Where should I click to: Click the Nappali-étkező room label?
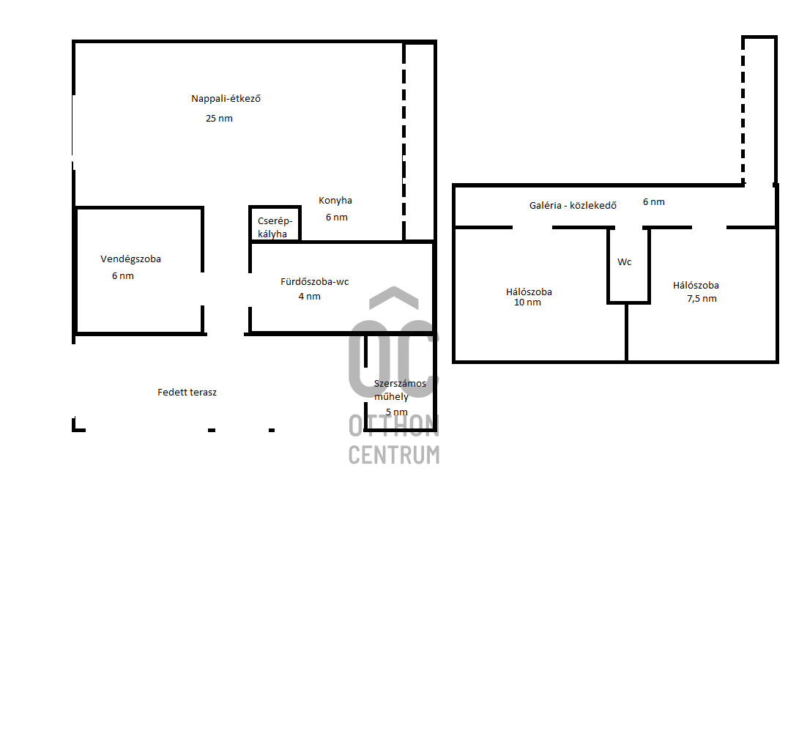(x=226, y=99)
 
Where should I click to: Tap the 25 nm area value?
(x=219, y=118)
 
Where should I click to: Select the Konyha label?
(x=335, y=201)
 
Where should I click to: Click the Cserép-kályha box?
(x=275, y=223)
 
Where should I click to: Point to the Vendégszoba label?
(x=130, y=259)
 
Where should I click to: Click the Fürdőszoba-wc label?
(x=315, y=281)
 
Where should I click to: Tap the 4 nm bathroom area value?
(x=310, y=297)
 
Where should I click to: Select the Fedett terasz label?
(x=187, y=392)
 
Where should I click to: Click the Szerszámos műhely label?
(x=400, y=390)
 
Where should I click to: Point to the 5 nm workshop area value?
(x=396, y=412)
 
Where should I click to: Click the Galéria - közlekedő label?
(x=573, y=205)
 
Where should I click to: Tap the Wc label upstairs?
(x=625, y=262)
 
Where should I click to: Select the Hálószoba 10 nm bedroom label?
(x=529, y=297)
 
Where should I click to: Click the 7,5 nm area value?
(x=702, y=299)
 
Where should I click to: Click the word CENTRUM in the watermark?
(x=394, y=455)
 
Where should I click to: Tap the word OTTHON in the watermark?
(x=394, y=426)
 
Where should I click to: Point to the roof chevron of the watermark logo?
(x=394, y=297)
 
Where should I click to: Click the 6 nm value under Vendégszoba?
(x=122, y=276)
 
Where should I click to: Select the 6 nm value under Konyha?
(x=337, y=217)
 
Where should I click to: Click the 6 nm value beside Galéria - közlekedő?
(x=654, y=202)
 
